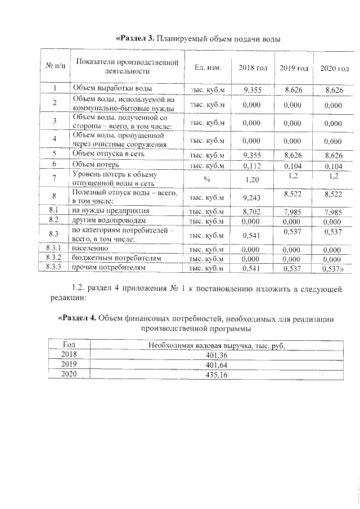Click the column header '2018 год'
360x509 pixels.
click(253, 68)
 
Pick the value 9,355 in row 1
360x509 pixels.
click(253, 89)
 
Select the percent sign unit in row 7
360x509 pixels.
click(206, 178)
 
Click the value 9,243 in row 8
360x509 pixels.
click(253, 197)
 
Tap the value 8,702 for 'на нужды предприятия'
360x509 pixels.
click(253, 211)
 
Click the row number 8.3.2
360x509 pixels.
click(55, 258)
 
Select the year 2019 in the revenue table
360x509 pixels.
click(69, 364)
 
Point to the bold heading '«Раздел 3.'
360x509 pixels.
click(134, 38)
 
